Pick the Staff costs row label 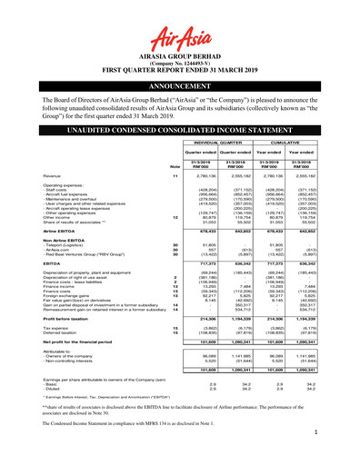(73, 217)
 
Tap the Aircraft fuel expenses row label (84, 223)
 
